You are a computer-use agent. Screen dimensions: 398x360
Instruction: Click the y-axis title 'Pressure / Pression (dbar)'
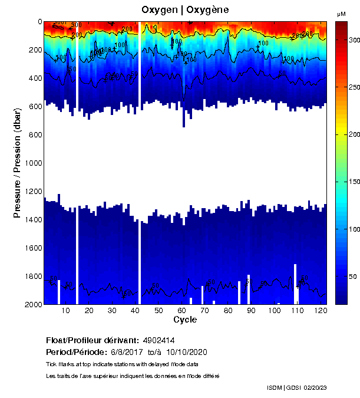pos(17,163)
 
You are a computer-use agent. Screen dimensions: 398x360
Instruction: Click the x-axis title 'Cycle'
pos(185,320)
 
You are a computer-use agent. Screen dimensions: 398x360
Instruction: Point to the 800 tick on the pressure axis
pos(32,134)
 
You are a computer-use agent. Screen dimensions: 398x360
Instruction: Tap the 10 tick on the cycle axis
pos(66,310)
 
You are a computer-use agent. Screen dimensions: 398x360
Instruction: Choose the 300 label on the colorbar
pos(354,40)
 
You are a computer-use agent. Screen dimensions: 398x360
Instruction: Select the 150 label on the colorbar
pos(354,182)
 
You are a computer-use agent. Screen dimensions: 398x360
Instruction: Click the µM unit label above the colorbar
pos(341,14)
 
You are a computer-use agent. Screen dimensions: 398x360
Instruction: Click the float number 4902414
pos(157,341)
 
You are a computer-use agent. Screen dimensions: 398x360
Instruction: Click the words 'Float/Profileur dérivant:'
pos(91,341)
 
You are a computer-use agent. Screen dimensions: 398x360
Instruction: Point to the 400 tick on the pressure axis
pos(32,78)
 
